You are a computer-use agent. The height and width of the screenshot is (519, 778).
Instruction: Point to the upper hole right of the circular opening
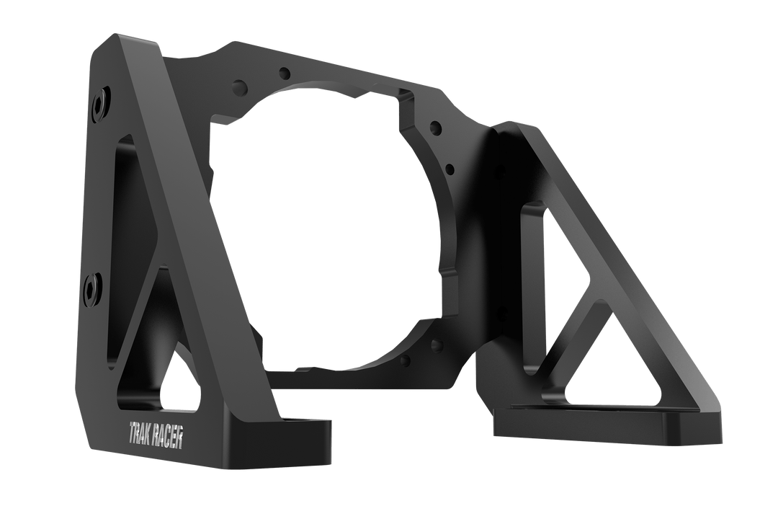pyautogui.click(x=434, y=128)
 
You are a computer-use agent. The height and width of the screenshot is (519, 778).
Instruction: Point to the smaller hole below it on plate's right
pyautogui.click(x=449, y=170)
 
